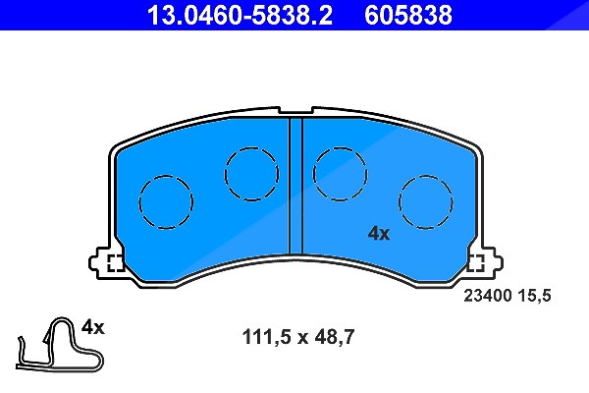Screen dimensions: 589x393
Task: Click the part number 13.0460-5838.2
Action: [240, 15]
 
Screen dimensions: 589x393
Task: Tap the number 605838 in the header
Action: [408, 15]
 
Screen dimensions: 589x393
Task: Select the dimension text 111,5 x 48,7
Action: [298, 337]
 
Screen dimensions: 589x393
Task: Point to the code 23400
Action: [488, 295]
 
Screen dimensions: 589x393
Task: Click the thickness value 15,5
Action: [535, 296]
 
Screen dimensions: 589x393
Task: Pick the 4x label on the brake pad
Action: [379, 234]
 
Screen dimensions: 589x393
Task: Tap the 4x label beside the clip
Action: [93, 327]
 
